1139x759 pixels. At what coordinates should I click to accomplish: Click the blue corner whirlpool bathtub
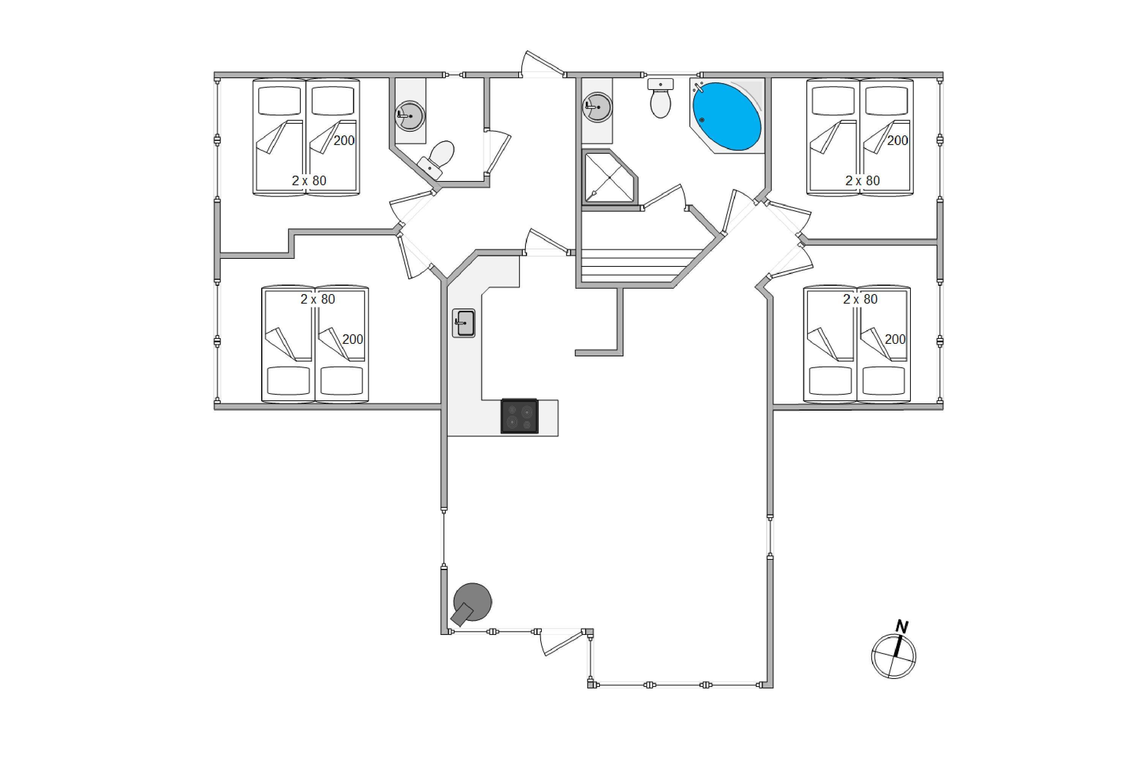coord(727,117)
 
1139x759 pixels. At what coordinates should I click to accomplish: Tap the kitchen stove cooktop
coord(519,416)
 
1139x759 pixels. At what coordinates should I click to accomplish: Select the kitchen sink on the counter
coord(464,323)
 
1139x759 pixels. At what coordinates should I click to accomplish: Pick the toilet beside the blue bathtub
coord(661,98)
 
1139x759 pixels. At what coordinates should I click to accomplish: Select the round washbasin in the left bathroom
coord(410,116)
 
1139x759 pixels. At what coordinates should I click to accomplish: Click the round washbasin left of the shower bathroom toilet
coord(597,107)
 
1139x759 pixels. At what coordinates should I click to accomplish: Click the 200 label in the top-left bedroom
coord(344,141)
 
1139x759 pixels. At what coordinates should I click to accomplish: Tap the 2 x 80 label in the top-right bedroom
coord(863,181)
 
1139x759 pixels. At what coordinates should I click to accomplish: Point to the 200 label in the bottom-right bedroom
coord(895,339)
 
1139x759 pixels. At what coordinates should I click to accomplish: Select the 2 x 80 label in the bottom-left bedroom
coord(318,299)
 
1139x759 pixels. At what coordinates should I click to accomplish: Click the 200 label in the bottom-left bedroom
coord(353,339)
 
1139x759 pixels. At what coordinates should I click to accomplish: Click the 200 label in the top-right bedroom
coord(898,141)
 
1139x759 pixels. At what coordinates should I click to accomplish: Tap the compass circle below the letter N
coord(893,657)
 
